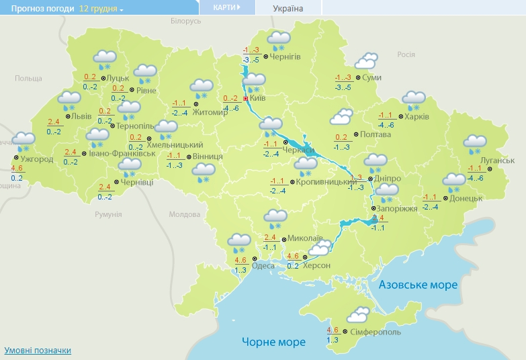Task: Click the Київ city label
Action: pos(258,99)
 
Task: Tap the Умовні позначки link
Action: pos(38,351)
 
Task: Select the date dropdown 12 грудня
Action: pos(101,9)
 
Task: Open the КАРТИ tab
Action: pos(227,7)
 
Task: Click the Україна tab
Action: pos(288,9)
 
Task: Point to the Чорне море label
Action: pos(273,342)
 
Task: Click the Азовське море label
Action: pos(418,285)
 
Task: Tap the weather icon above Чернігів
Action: pos(278,40)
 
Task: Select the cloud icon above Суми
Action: pos(365,62)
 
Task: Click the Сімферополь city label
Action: pos(377,332)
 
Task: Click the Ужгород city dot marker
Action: pos(15,159)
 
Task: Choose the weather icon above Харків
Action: pos(414,101)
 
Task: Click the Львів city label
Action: pos(82,116)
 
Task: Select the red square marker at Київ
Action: pos(246,99)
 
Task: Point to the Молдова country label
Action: pos(184,214)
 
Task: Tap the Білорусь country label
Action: pos(185,21)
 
